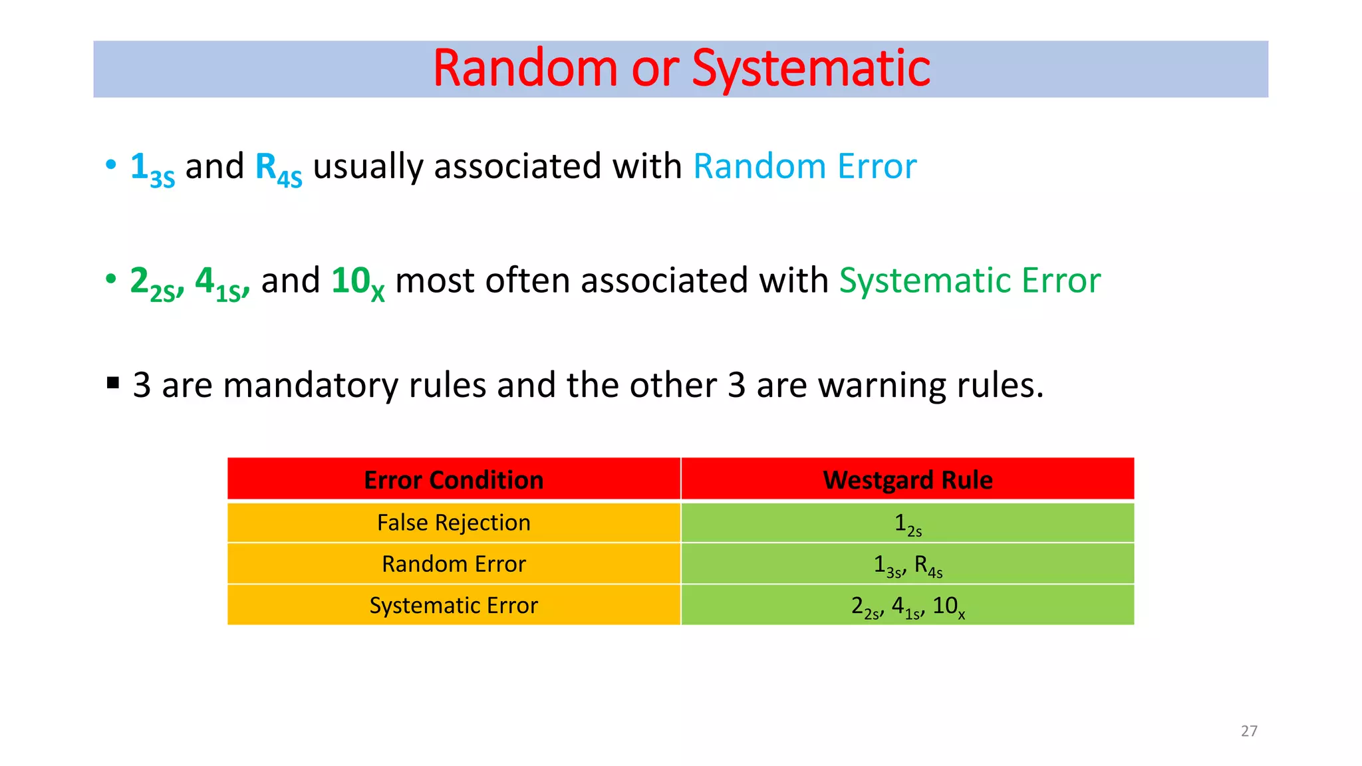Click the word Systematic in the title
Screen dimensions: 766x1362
tap(811, 68)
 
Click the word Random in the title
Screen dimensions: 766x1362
tap(525, 68)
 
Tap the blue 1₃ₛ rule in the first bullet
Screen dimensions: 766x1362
tap(152, 168)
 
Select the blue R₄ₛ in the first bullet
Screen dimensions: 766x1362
tap(278, 168)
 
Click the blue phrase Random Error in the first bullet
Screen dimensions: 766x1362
tap(805, 166)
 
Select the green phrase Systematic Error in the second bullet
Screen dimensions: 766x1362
tap(970, 281)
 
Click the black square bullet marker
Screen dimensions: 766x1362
tap(113, 383)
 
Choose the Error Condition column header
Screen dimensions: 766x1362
tap(454, 480)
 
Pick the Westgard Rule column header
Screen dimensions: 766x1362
tap(907, 480)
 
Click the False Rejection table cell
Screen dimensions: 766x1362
tap(454, 523)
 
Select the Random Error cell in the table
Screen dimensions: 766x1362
tap(454, 564)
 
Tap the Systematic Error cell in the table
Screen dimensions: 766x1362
tap(454, 605)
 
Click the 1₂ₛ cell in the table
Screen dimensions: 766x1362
tap(907, 525)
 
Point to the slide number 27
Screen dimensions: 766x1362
tap(1249, 731)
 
